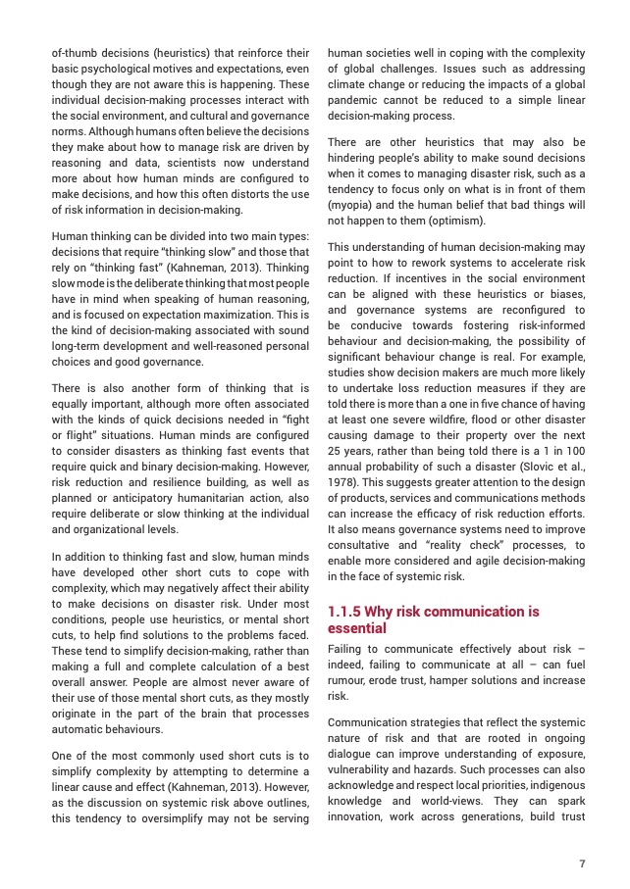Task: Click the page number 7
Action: [x=582, y=864]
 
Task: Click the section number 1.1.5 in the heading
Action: [x=346, y=612]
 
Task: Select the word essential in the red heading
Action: [x=356, y=628]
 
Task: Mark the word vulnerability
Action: [x=361, y=756]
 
